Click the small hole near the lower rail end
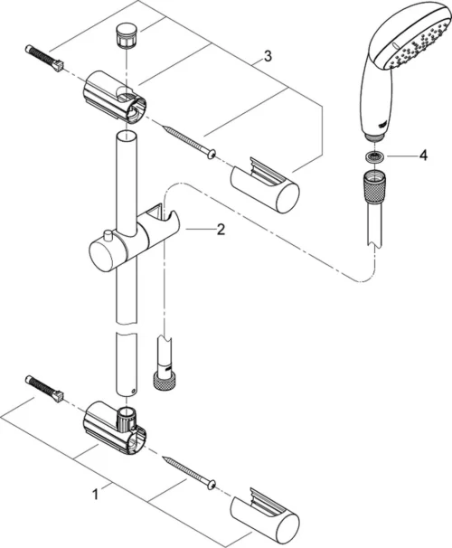(x=133, y=392)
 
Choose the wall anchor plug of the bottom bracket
(x=44, y=386)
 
